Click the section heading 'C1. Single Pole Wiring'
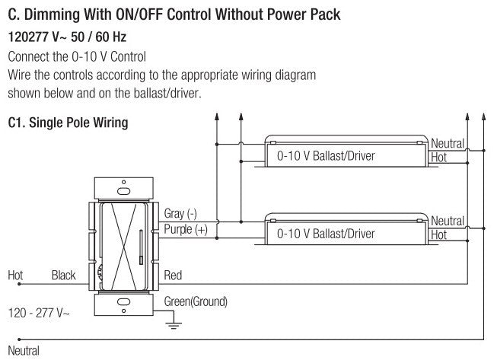[68, 123]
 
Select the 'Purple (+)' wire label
[185, 229]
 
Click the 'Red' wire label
[173, 276]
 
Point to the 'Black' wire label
[63, 275]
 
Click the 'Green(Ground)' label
[196, 301]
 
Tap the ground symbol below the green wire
[174, 325]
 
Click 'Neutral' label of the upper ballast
[447, 143]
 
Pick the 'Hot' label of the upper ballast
[438, 157]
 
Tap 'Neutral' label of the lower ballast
[447, 221]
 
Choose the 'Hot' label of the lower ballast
[438, 235]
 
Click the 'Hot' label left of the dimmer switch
[15, 275]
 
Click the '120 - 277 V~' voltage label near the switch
[38, 312]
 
